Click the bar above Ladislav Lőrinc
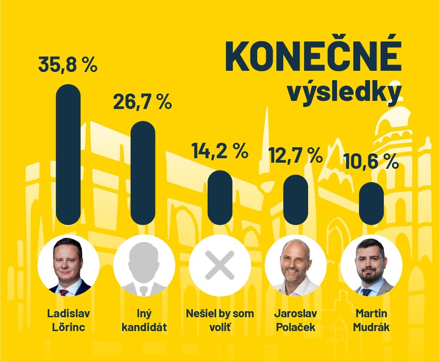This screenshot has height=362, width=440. pos(68,155)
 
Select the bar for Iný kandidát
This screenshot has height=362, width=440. pos(143,173)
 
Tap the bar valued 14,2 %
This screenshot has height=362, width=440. pos(220,197)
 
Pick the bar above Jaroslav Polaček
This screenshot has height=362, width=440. pos(296,199)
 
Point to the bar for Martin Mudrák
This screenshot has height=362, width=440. pos(371,203)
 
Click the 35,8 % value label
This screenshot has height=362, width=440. pos(68,65)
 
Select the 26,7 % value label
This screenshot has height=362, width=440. pos(142,102)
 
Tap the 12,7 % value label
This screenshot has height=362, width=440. pos(296,155)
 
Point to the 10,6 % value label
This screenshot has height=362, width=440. pos(371,162)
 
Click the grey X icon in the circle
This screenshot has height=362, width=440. pos(220,265)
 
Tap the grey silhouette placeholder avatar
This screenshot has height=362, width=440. pos(144,266)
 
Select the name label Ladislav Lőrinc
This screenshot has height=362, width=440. pos(68,320)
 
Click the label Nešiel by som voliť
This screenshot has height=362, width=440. pos(220,320)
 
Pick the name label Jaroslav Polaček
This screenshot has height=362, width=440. pos(296,320)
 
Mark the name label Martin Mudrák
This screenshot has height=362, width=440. pos(371,320)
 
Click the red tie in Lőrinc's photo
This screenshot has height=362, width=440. pos(64,292)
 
